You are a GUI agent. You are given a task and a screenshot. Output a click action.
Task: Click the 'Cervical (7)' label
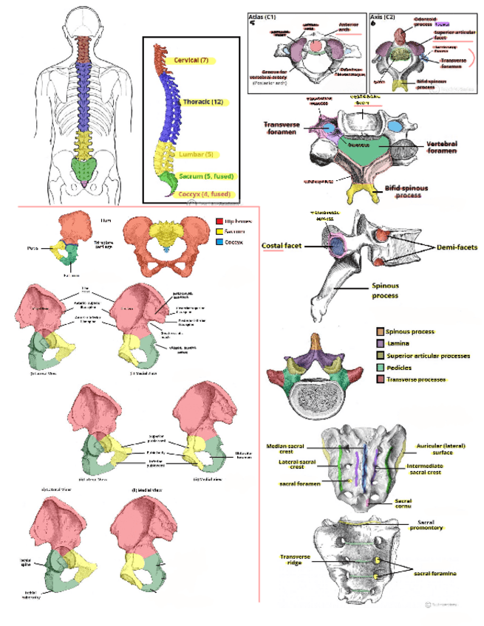(x=191, y=59)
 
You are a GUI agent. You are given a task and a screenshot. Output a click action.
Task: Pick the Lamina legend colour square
(x=379, y=344)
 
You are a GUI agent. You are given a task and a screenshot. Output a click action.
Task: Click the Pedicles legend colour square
(x=379, y=368)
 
